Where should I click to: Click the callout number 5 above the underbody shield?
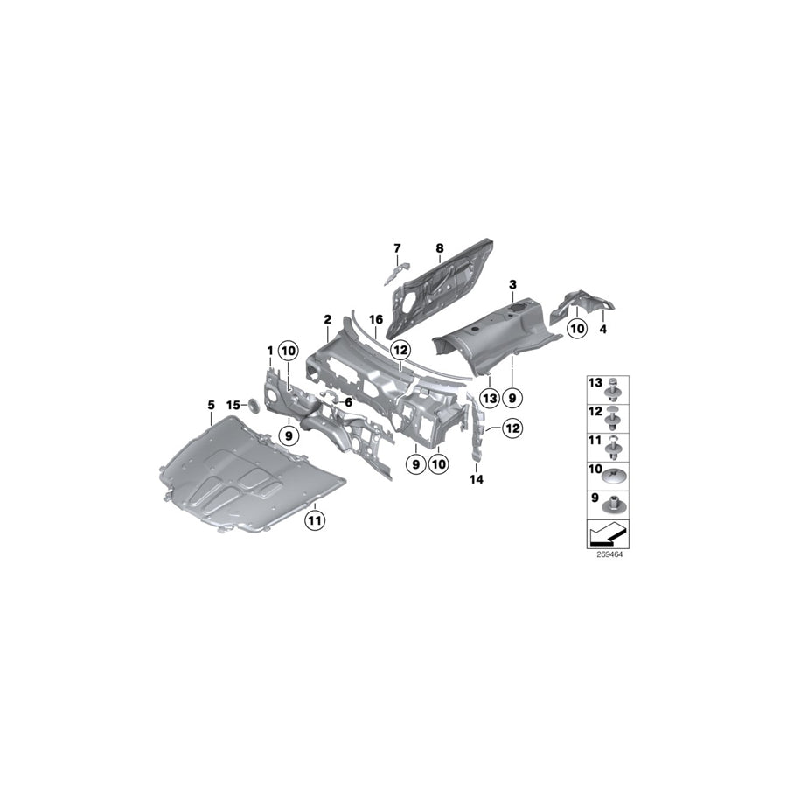[211, 405]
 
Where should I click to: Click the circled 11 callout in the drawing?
[313, 521]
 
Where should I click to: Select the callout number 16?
[377, 320]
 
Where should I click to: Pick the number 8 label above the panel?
[439, 247]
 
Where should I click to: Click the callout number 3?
[513, 285]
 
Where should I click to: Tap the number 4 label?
[602, 331]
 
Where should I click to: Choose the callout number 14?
[476, 479]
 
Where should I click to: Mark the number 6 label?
[349, 402]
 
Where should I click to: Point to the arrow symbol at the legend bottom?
[605, 533]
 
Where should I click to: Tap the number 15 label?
[233, 405]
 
